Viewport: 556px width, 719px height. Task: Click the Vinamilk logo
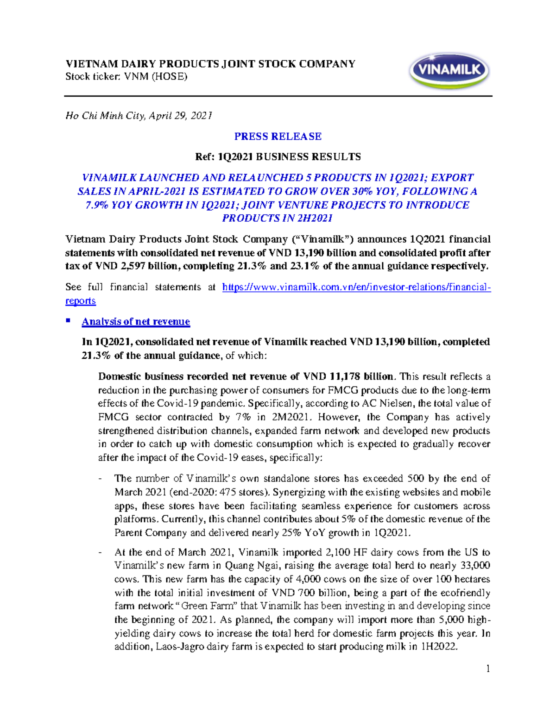(x=449, y=71)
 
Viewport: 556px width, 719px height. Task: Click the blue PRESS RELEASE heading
(x=278, y=137)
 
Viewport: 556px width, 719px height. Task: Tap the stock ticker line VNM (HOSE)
(x=126, y=77)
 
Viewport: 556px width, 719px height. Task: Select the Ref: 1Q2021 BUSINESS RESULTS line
(x=278, y=157)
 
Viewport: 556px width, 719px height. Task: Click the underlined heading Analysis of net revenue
(x=136, y=322)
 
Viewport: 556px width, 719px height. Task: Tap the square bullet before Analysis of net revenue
(x=68, y=320)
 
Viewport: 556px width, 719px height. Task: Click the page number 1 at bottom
(x=488, y=669)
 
